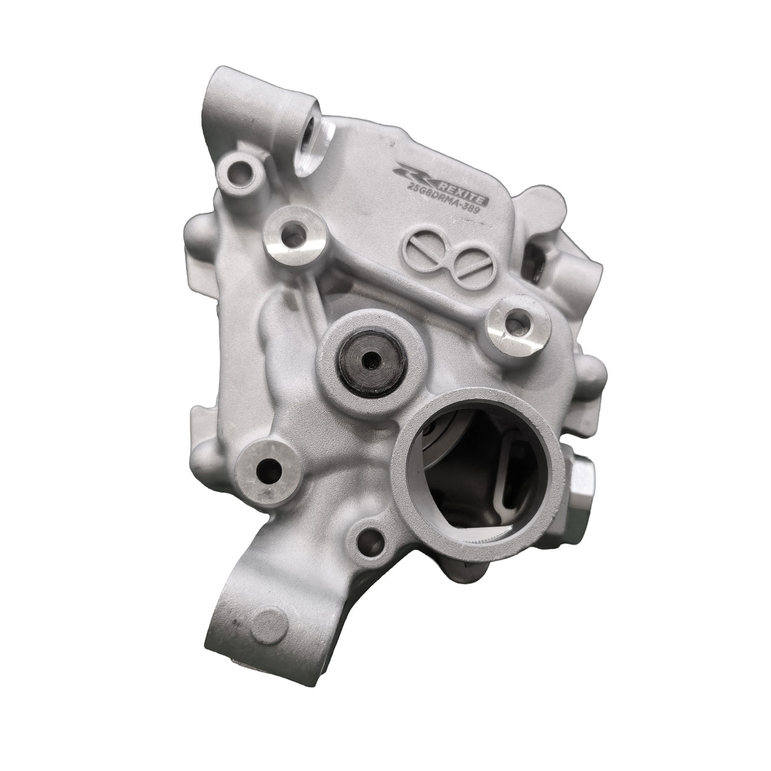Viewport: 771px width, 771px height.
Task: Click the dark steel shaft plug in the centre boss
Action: coord(371,360)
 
